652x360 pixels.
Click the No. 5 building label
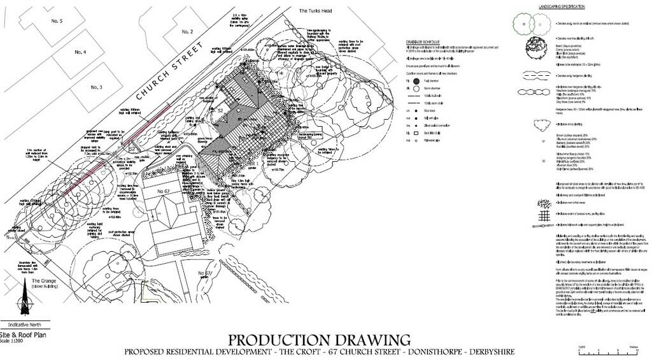(x=57, y=21)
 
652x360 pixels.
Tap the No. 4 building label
(x=80, y=52)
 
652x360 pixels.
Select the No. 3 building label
(x=96, y=87)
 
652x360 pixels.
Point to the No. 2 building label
(x=187, y=31)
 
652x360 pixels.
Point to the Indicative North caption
(x=23, y=324)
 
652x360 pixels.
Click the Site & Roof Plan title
(x=23, y=335)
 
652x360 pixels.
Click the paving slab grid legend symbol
(x=543, y=216)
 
